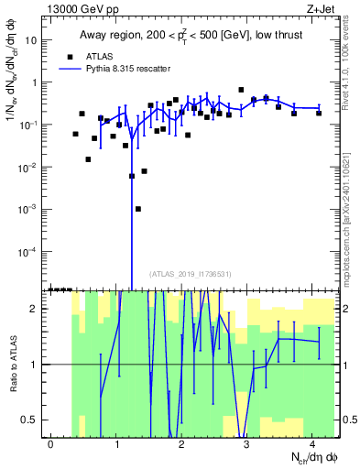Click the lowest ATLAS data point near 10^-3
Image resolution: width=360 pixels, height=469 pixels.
click(x=137, y=209)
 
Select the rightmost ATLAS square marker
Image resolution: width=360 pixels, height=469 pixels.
click(x=319, y=113)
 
